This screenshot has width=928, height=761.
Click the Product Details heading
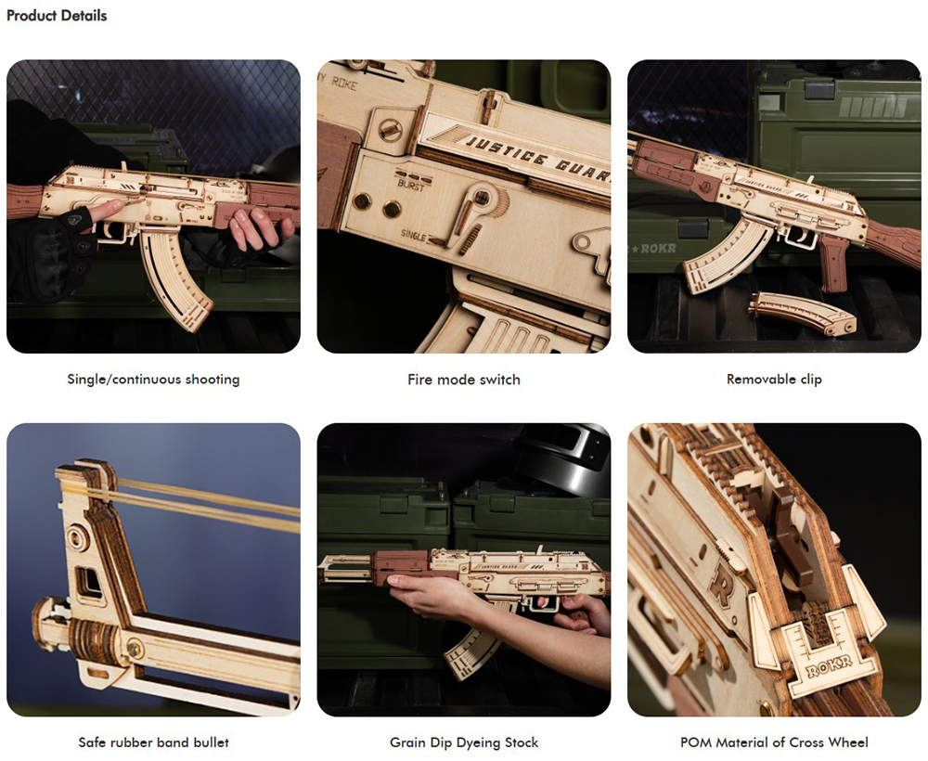click(x=57, y=16)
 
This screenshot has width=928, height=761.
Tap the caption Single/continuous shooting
click(x=153, y=380)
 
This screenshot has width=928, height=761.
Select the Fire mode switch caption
click(x=464, y=380)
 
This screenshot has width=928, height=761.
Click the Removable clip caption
click(x=774, y=380)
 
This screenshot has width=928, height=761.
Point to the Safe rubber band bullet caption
click(x=153, y=742)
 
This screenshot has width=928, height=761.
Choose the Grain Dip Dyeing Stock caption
click(x=464, y=742)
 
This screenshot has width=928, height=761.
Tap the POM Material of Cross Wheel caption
click(x=774, y=742)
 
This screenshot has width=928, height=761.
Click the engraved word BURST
click(x=411, y=186)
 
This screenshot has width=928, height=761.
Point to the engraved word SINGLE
click(x=413, y=235)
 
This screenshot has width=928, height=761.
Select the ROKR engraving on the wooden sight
click(x=829, y=668)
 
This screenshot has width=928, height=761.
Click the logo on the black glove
click(x=75, y=220)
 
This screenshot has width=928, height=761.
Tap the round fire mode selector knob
click(x=483, y=197)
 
